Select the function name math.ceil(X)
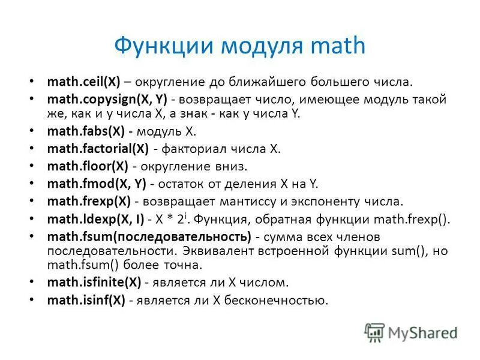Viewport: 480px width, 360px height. pyautogui.click(x=85, y=81)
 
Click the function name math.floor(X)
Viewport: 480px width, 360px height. pyautogui.click(x=88, y=166)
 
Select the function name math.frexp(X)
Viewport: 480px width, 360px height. pyautogui.click(x=88, y=201)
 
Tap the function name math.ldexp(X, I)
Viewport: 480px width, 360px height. pyautogui.click(x=95, y=219)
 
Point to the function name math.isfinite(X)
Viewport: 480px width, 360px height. pyautogui.click(x=93, y=281)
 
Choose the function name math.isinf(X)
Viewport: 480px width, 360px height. pyautogui.click(x=86, y=299)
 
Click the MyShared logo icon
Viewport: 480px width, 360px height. pyautogui.click(x=375, y=332)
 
